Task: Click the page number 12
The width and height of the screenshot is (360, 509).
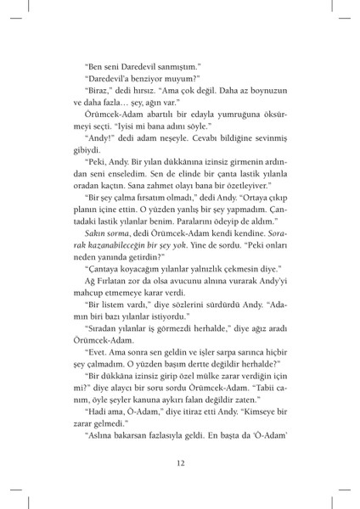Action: (x=180, y=462)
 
